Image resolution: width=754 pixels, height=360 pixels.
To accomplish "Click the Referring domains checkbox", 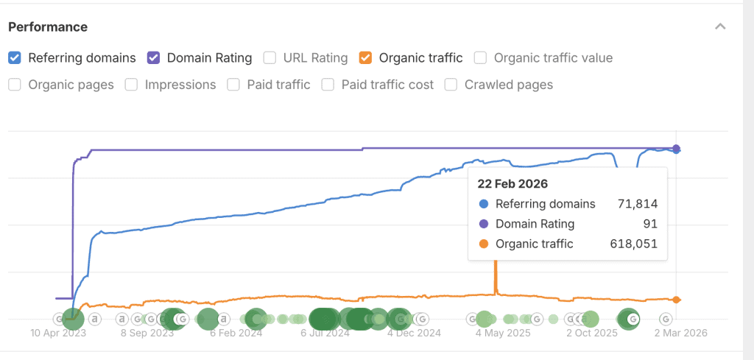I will coord(15,57).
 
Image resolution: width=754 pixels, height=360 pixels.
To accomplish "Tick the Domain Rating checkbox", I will coord(153,57).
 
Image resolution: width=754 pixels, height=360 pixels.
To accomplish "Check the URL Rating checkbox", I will coord(269,57).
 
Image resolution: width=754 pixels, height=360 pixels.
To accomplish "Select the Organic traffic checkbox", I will coord(365,57).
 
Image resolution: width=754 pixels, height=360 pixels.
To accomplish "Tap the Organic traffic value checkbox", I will coord(480,57).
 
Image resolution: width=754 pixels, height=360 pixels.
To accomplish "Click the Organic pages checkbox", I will coord(15,85).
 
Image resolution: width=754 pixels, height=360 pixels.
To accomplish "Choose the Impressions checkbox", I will coord(131,85).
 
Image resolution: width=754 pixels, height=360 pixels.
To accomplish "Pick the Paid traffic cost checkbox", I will coord(328,85).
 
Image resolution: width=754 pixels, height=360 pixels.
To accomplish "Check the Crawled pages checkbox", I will coord(451,85).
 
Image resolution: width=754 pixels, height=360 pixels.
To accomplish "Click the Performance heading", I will coord(48,27).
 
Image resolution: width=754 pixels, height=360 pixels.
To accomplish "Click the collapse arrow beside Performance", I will coord(720,27).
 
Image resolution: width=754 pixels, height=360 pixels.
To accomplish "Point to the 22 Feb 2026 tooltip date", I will coord(512,183).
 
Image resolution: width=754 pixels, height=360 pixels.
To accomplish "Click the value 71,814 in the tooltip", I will coord(637,204).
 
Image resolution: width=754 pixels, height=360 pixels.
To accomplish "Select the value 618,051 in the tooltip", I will coord(634,244).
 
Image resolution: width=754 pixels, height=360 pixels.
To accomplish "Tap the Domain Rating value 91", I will coord(650,224).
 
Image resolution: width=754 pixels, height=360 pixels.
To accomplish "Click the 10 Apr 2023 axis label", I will coord(58,333).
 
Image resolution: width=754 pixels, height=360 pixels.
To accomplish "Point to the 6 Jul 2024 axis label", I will coord(325,333).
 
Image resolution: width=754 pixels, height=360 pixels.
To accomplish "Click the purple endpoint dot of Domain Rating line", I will coord(677,148).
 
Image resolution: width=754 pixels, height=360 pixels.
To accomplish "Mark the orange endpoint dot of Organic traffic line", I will coord(677,300).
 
